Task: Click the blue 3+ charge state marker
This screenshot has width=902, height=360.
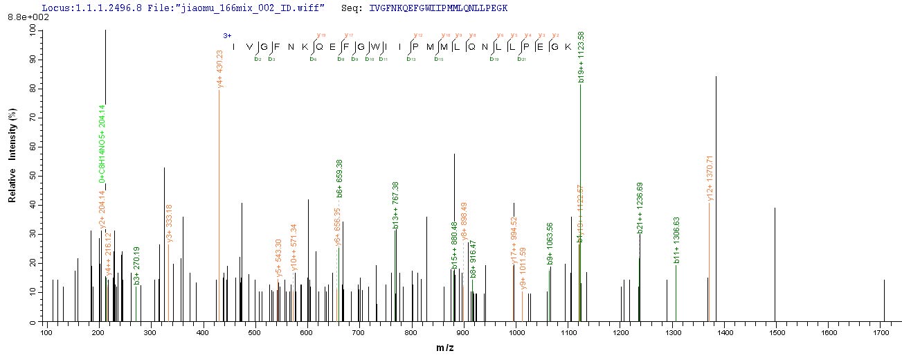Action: pos(226,35)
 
